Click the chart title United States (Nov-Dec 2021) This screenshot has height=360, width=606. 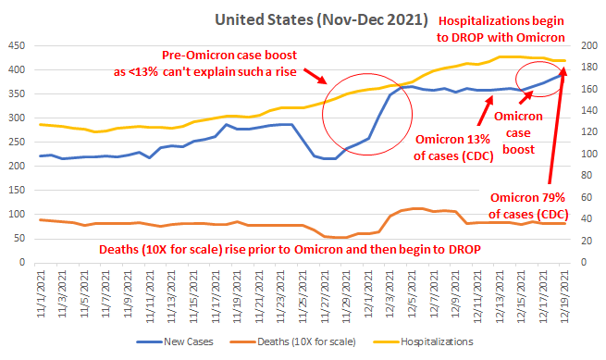tap(321, 20)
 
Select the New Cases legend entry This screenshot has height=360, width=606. tap(175, 341)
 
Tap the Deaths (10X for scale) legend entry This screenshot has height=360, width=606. tap(292, 341)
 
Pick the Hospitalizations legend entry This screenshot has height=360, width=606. tap(423, 341)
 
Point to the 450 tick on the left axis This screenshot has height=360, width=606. tap(17, 45)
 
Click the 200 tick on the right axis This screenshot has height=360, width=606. tap(589, 45)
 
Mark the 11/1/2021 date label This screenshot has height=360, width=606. tap(42, 294)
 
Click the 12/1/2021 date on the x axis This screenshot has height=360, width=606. tap(368, 294)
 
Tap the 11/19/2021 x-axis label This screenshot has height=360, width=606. tap(237, 296)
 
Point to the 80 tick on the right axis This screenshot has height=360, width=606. tap(587, 176)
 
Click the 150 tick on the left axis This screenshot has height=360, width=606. tap(17, 190)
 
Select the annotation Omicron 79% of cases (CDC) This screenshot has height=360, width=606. tap(528, 205)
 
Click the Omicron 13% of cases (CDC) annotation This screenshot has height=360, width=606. tap(453, 147)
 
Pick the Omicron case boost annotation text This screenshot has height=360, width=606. tap(518, 132)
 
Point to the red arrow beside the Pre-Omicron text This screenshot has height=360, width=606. tap(315, 76)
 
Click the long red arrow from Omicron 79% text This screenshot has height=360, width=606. tap(556, 125)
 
